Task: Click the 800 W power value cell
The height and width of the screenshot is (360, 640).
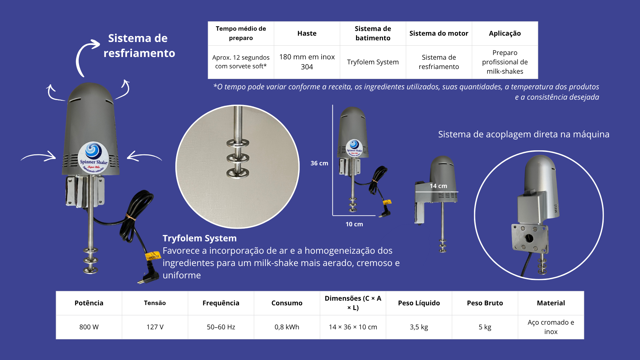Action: tap(89, 327)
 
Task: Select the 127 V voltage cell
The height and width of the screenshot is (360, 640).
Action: tap(155, 327)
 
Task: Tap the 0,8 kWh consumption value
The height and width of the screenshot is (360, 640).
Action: tap(287, 327)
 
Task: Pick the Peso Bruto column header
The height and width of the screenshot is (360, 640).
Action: tap(485, 303)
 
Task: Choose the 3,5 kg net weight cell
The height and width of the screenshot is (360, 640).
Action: tap(419, 327)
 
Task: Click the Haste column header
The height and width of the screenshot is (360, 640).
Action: tap(307, 33)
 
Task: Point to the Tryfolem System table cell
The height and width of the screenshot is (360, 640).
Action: tap(373, 62)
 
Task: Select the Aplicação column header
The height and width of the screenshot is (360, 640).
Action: tap(505, 33)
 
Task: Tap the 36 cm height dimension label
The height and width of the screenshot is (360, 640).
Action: tap(319, 163)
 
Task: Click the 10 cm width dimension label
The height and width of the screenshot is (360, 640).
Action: tap(354, 224)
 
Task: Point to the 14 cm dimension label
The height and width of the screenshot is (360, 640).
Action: tap(438, 186)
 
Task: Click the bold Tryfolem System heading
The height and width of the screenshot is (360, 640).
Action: tap(200, 238)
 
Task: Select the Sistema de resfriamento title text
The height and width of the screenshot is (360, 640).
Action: tap(139, 46)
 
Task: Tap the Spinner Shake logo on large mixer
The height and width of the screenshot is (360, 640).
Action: tap(93, 158)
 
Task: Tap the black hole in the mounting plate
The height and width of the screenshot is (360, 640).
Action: tap(529, 238)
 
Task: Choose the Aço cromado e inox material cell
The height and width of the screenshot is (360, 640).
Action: tap(551, 327)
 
